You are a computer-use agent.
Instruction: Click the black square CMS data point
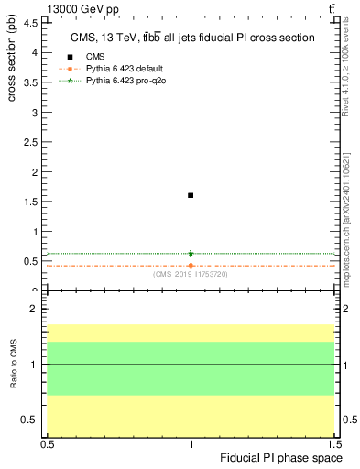click(191, 195)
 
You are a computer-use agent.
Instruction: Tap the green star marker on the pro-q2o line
click(191, 253)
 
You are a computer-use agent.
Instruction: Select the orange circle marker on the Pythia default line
click(191, 266)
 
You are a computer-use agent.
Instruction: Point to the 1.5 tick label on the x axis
click(333, 443)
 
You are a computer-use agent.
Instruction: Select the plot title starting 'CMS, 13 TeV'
click(192, 38)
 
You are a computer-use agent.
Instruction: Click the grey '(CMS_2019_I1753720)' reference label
click(191, 274)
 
